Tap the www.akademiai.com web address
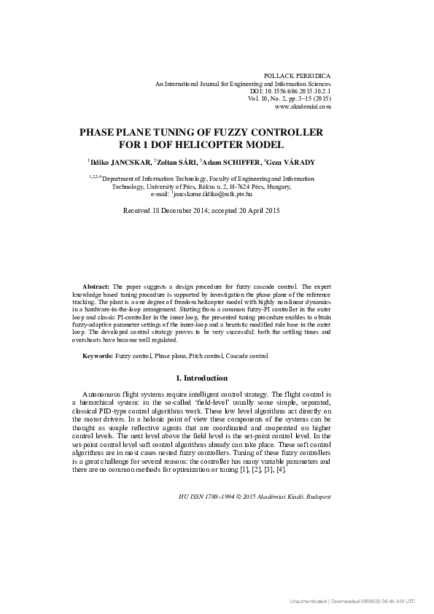303,106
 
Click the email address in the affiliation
213,195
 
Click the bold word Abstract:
96,288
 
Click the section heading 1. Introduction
202,378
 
